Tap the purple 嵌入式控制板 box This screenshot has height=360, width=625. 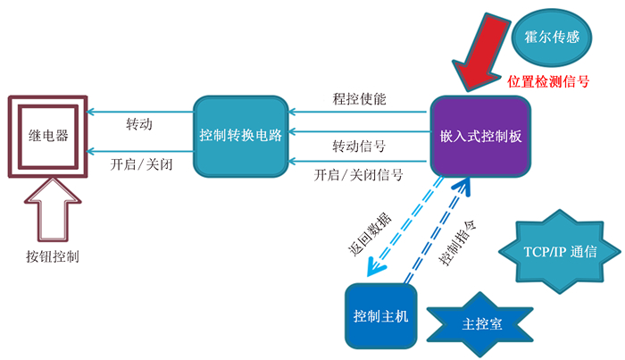(479, 136)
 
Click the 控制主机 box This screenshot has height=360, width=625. (380, 316)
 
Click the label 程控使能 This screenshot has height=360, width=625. (359, 100)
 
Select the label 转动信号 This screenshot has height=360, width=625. (359, 147)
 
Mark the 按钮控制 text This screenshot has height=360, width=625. (53, 257)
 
